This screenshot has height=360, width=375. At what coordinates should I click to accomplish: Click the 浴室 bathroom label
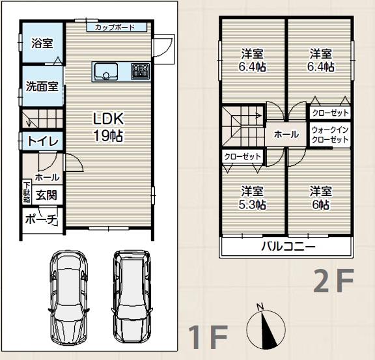point(42,43)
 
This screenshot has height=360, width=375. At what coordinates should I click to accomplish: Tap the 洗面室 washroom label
point(42,85)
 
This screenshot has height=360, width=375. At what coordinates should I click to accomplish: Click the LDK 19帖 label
point(108,127)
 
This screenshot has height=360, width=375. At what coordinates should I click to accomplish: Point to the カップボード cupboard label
point(115,27)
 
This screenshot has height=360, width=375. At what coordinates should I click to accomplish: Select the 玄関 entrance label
point(46,193)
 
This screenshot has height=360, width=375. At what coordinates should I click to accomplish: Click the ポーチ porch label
point(42,219)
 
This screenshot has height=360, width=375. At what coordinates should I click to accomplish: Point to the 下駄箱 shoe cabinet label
point(27,190)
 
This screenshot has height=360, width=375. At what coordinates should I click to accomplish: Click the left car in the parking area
point(70,296)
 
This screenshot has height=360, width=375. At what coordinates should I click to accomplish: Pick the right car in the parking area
point(133,296)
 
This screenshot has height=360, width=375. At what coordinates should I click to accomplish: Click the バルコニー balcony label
point(288,247)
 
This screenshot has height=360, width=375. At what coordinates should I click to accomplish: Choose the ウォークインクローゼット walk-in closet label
point(330,135)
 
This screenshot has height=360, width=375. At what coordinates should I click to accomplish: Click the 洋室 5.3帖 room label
point(253,197)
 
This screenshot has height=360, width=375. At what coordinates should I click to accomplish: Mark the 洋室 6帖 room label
point(320,197)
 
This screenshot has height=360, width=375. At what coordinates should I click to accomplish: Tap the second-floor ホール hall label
point(286,135)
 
